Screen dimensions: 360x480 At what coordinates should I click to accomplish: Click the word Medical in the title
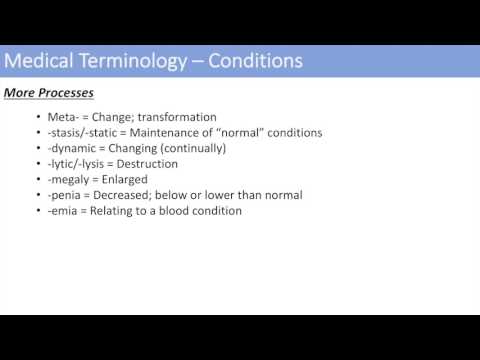pyautogui.click(x=39, y=61)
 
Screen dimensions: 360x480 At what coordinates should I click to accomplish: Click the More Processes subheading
pyautogui.click(x=49, y=93)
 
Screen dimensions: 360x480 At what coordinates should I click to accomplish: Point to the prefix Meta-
pyautogui.click(x=65, y=117)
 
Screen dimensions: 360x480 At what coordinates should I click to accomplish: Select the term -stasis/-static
pyautogui.click(x=87, y=133)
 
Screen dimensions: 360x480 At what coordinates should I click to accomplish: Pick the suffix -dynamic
pyautogui.click(x=74, y=148)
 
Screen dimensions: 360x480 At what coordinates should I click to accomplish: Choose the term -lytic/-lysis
pyautogui.click(x=80, y=164)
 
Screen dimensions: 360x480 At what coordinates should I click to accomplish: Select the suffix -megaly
pyautogui.click(x=70, y=179)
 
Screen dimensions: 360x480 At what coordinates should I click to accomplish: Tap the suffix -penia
pyautogui.click(x=66, y=195)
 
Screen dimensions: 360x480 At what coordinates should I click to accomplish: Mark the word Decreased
pyautogui.click(x=130, y=195)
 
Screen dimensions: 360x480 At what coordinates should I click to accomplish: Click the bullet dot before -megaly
pyautogui.click(x=37, y=180)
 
